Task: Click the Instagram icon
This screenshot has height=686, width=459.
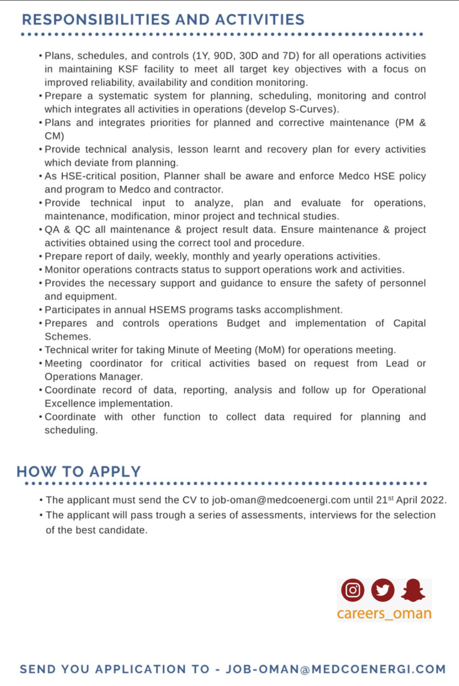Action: tap(353, 590)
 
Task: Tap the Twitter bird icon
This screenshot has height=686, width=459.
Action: tap(382, 590)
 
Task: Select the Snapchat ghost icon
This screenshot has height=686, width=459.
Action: tap(413, 590)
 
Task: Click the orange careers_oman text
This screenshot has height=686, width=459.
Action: tap(384, 613)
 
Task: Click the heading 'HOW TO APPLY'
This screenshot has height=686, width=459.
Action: tap(78, 471)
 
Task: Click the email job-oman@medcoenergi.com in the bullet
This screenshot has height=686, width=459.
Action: tap(281, 500)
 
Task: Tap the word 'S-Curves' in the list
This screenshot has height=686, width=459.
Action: tap(313, 109)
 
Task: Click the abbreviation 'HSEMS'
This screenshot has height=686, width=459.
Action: tap(167, 310)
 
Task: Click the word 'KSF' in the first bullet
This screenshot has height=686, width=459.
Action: tap(128, 69)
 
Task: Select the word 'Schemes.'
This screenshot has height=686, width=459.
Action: tap(67, 336)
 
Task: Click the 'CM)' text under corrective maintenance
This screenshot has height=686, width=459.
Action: tap(54, 136)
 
